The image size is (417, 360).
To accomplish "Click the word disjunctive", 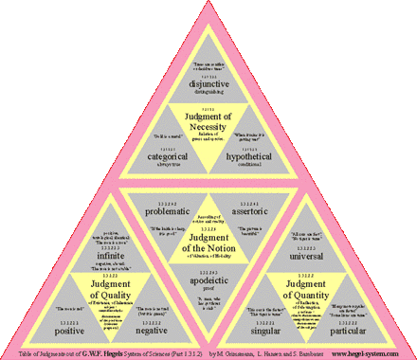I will tap(207, 83).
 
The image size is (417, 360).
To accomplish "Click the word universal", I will tap(326, 255).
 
